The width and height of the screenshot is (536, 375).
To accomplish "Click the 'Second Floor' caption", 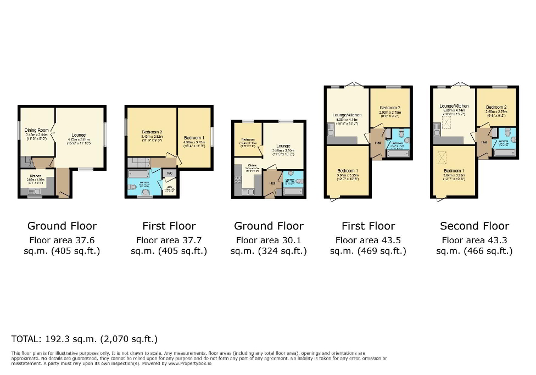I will (x=474, y=226).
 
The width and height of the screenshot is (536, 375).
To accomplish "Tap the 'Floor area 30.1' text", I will (x=269, y=240).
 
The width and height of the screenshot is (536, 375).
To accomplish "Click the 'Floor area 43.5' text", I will (x=368, y=240).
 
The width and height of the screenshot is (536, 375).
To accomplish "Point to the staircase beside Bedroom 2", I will (x=137, y=163).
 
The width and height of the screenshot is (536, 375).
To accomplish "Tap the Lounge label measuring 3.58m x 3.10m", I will (x=283, y=149).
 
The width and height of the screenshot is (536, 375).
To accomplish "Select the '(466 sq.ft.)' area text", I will (x=474, y=251).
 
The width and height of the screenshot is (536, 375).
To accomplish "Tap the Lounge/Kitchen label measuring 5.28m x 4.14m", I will (x=345, y=118).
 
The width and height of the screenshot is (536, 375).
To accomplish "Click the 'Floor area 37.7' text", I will (x=169, y=240).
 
